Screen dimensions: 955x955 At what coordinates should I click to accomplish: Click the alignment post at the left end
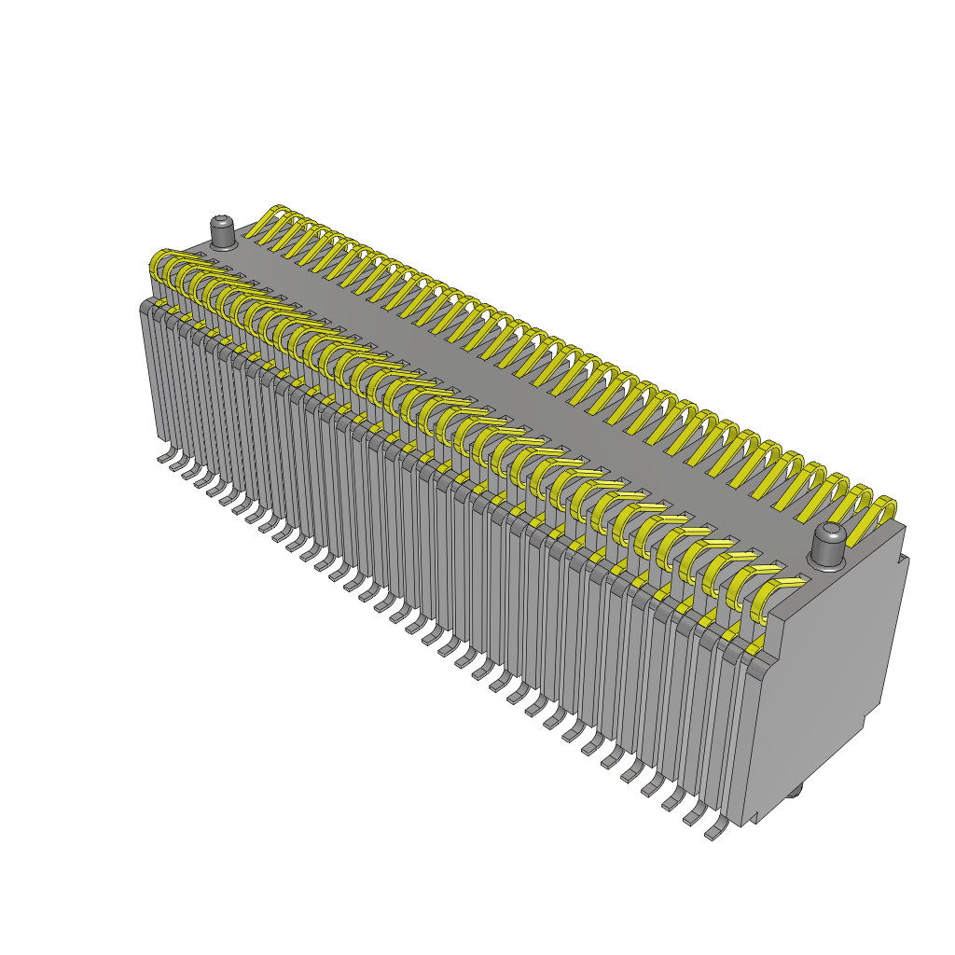point(223,233)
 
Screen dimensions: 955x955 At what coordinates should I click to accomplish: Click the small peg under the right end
point(795,793)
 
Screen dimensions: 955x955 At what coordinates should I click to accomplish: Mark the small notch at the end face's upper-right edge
point(902,562)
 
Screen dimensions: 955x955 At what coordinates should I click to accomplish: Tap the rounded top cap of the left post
point(223,221)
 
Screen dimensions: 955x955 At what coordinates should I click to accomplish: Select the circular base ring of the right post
point(826,563)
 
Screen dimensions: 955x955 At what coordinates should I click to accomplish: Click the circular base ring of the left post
point(223,246)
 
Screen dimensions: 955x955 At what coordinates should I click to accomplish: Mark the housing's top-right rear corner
point(903,527)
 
